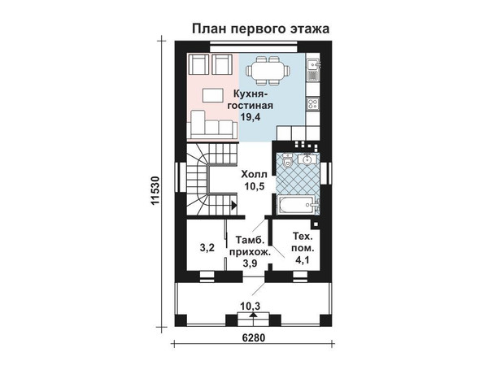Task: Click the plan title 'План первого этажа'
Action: pyautogui.click(x=260, y=28)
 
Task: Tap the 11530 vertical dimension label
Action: pyautogui.click(x=155, y=191)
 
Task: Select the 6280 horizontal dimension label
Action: pyautogui.click(x=253, y=337)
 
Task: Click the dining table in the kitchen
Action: pyautogui.click(x=268, y=71)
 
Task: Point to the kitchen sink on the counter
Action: pyautogui.click(x=313, y=64)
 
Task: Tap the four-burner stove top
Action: pyautogui.click(x=313, y=103)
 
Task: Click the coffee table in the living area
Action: pyautogui.click(x=213, y=95)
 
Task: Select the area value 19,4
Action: pyautogui.click(x=251, y=117)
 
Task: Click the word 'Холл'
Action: pyautogui.click(x=254, y=174)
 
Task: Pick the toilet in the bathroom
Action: pyautogui.click(x=287, y=161)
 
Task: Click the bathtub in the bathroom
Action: pyautogui.click(x=298, y=205)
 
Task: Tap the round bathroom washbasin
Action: pyautogui.click(x=307, y=159)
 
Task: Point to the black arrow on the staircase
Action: pyautogui.click(x=234, y=205)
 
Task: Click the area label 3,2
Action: pyautogui.click(x=207, y=248)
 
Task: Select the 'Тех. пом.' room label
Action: pyautogui.click(x=303, y=242)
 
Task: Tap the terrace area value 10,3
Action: pyautogui.click(x=251, y=306)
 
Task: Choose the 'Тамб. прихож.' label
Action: pyautogui.click(x=251, y=246)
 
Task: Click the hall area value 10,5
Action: pyautogui.click(x=254, y=186)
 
